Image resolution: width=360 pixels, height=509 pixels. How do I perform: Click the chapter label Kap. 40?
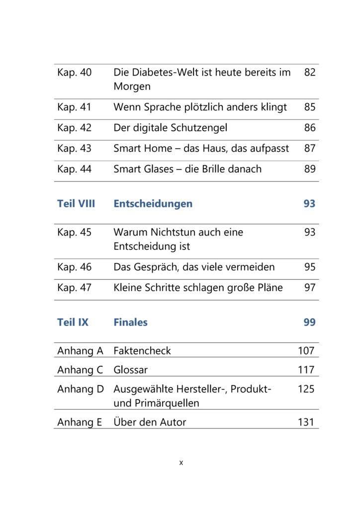click(x=75, y=73)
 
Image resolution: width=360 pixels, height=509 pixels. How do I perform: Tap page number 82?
click(x=310, y=72)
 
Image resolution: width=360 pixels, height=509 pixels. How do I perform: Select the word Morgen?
click(x=132, y=87)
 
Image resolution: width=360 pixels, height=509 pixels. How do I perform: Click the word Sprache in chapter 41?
click(x=163, y=107)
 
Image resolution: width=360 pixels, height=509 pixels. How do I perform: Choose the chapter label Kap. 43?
click(x=75, y=149)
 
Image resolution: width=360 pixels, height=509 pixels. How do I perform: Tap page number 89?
click(x=310, y=169)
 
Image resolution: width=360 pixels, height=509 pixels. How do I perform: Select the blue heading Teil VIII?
click(x=76, y=203)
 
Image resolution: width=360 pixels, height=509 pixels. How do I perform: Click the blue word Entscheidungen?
click(x=153, y=204)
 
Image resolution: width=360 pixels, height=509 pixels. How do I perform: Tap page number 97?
click(x=310, y=288)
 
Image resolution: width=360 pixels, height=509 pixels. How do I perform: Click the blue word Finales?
click(x=130, y=322)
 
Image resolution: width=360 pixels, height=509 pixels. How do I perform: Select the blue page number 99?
click(x=309, y=322)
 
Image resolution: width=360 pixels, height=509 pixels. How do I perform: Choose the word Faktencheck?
click(x=142, y=350)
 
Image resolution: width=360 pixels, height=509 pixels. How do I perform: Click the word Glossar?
click(x=130, y=370)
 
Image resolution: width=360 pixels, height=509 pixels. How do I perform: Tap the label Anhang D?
click(x=81, y=389)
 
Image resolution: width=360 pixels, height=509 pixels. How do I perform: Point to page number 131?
click(x=306, y=422)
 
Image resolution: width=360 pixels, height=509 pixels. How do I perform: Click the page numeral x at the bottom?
click(x=181, y=463)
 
